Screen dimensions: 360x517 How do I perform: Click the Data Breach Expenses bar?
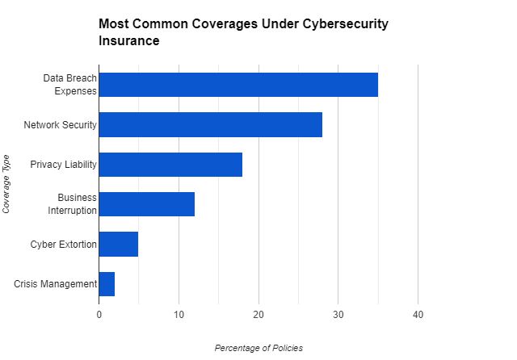238,85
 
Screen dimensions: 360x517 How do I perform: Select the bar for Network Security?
211,124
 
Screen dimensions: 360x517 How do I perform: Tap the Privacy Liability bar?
170,165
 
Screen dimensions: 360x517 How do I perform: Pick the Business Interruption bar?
147,204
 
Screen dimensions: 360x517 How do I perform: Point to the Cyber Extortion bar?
119,244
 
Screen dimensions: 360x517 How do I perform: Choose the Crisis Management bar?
107,284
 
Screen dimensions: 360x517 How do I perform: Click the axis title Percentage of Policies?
258,348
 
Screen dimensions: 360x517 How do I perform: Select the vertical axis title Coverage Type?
7,184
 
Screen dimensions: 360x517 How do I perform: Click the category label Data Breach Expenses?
70,85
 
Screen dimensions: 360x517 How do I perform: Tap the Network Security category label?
61,125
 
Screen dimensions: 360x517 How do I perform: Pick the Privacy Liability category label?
64,165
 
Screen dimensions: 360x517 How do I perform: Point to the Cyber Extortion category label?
64,244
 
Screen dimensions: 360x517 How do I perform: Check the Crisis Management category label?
56,284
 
